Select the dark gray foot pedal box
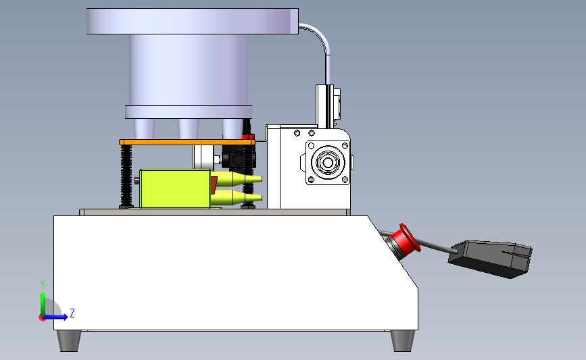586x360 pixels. tap(490, 259)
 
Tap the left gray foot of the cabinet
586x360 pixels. tap(69, 340)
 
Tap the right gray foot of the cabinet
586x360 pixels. tap(403, 340)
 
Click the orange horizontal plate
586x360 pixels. tap(187, 143)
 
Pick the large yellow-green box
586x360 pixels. tap(174, 188)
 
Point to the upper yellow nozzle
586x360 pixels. tap(236, 179)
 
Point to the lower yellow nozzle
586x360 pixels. tap(236, 197)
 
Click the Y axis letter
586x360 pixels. tap(43, 284)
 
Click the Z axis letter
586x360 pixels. tap(72, 313)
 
